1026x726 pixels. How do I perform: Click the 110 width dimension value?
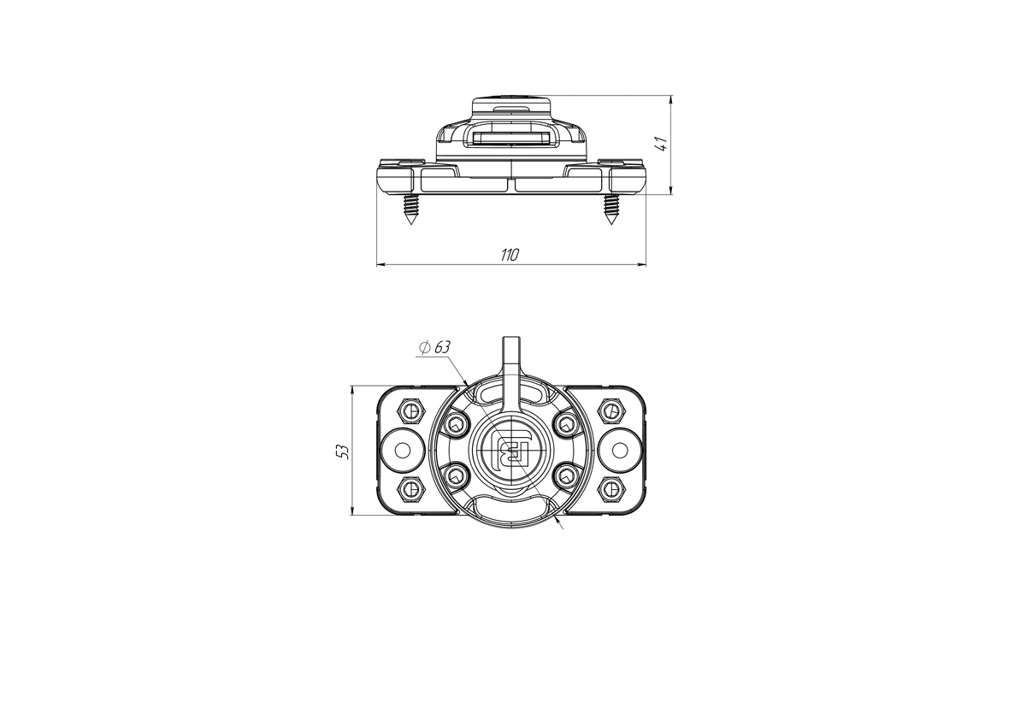pyautogui.click(x=510, y=255)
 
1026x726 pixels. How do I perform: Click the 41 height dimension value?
pyautogui.click(x=662, y=144)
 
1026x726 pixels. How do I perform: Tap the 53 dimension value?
pyautogui.click(x=343, y=452)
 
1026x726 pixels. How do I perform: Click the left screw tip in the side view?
pyautogui.click(x=411, y=224)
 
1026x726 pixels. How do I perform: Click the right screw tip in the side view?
pyautogui.click(x=610, y=224)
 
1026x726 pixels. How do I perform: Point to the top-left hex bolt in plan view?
pyautogui.click(x=411, y=410)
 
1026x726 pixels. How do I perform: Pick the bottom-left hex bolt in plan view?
pyautogui.click(x=411, y=489)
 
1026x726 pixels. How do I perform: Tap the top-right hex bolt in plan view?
pyautogui.click(x=611, y=410)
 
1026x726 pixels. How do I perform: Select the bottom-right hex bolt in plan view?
pyautogui.click(x=611, y=489)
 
